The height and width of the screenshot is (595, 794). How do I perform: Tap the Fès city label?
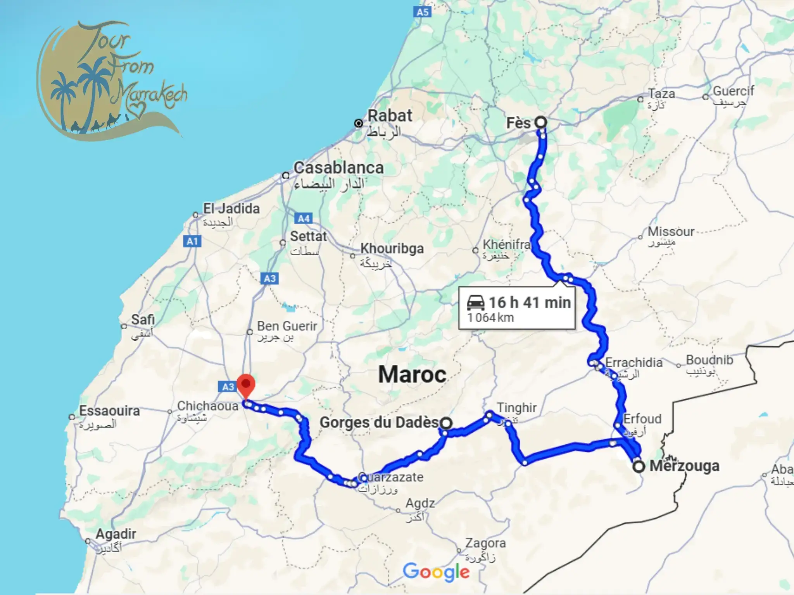518,123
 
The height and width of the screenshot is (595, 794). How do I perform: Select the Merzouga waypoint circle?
639,466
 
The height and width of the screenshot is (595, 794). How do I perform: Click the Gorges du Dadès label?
379,422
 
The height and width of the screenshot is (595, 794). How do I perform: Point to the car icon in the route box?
476,303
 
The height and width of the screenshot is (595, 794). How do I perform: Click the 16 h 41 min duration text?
530,303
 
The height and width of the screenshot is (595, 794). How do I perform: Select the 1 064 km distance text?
490,318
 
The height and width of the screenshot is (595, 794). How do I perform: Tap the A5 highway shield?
423,12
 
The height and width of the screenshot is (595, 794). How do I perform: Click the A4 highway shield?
304,218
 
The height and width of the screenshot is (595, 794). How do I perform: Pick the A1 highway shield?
192,241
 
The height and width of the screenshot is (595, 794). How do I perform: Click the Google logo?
436,572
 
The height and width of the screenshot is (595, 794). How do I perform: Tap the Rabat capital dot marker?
359,123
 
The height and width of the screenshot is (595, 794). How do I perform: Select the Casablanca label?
338,168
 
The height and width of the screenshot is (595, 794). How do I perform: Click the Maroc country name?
412,375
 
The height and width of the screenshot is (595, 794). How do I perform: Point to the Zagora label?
485,543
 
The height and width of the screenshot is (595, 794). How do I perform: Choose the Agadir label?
116,534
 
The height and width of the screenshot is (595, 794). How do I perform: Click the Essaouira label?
109,411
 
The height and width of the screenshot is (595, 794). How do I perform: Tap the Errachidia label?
633,363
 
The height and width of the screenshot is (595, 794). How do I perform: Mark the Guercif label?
733,91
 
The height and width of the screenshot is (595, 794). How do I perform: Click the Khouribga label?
392,248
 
